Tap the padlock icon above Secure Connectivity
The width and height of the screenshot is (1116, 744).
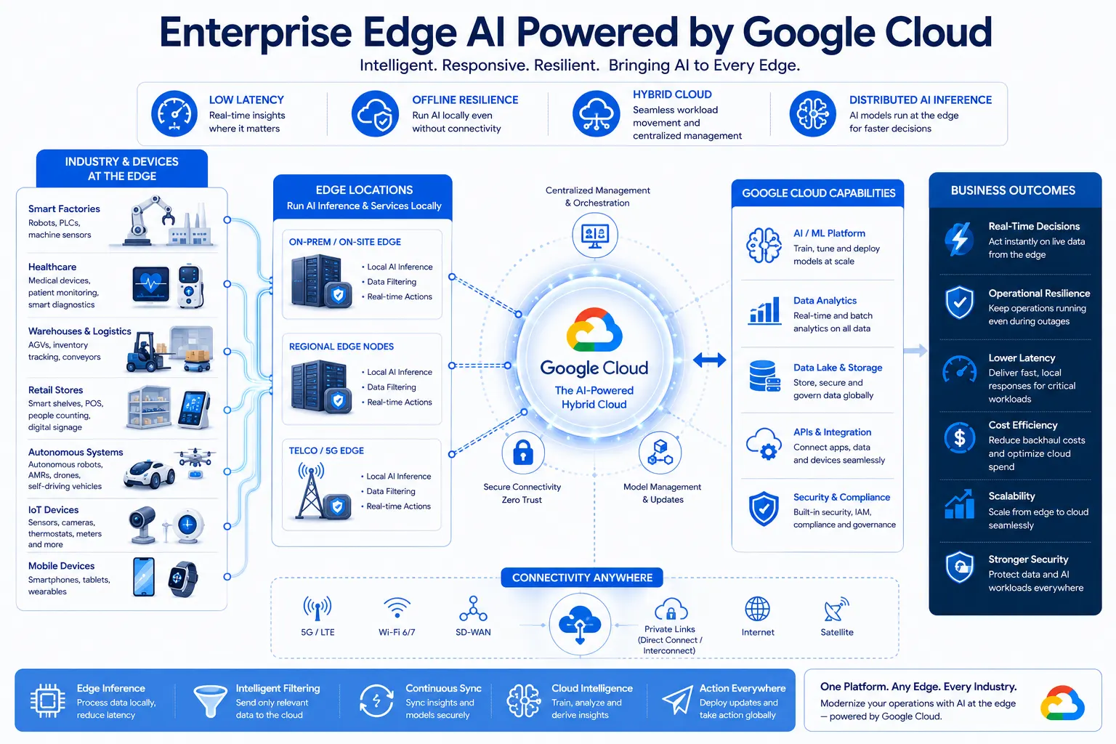(522, 453)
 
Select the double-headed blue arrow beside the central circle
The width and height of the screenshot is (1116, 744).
(709, 360)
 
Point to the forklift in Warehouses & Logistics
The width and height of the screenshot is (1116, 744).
(147, 353)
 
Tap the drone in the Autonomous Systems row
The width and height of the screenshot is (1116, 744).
(195, 457)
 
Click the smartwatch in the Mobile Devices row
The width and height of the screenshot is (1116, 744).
(183, 578)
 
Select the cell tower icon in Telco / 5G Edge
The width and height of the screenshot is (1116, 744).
(311, 491)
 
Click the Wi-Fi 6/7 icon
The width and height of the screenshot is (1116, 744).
(397, 608)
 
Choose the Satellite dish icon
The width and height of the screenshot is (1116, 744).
(836, 609)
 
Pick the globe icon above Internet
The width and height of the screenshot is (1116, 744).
(757, 609)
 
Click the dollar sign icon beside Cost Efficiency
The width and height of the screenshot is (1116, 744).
(960, 438)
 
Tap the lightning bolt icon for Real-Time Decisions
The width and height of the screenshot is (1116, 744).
(960, 239)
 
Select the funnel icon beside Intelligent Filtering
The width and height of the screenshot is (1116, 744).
(210, 700)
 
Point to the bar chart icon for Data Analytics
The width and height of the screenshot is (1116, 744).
(764, 310)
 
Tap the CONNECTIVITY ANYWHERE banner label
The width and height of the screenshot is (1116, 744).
(582, 578)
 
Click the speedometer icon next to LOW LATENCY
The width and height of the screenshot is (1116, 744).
(174, 113)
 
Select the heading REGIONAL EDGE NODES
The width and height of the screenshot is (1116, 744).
(341, 347)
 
